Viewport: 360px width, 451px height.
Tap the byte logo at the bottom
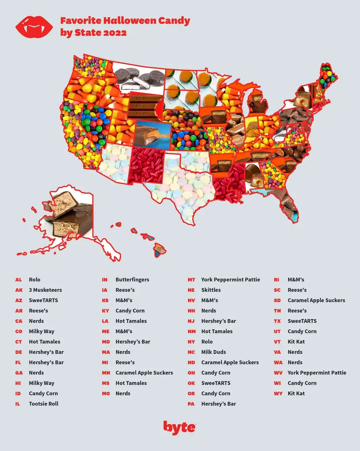point(179,428)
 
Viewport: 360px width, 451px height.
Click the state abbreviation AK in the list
point(19,290)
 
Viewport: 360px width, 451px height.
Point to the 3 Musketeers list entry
point(45,290)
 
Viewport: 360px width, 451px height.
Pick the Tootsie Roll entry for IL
point(44,404)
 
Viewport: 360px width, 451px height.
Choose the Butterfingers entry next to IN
point(132,280)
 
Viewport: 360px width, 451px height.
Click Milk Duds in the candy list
point(213,352)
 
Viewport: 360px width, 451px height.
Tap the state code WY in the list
point(278,394)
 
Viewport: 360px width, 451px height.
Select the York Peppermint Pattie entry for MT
point(231,280)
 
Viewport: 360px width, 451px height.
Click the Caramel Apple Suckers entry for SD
point(316,300)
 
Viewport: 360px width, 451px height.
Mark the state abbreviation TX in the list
point(277,321)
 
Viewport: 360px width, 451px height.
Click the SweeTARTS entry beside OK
point(216,383)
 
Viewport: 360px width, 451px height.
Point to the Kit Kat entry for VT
point(296,342)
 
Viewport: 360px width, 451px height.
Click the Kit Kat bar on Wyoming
point(144,106)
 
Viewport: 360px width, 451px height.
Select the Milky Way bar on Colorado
point(153,135)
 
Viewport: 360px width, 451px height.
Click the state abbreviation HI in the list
point(18,383)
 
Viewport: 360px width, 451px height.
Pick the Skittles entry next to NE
point(211,290)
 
